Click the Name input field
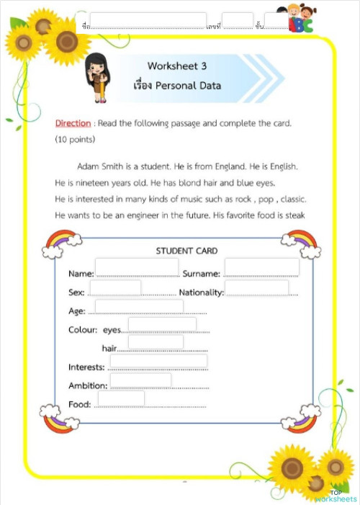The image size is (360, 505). (137, 267)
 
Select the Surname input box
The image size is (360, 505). (261, 267)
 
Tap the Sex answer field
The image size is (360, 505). (115, 288)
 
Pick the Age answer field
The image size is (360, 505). (139, 308)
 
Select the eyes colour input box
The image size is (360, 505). (162, 324)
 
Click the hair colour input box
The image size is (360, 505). (156, 342)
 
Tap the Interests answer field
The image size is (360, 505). (158, 362)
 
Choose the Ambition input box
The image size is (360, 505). (140, 380)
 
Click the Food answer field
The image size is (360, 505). (121, 398)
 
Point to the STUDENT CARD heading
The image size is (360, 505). (186, 251)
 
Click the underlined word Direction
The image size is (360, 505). (73, 123)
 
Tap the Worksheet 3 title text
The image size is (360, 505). (176, 66)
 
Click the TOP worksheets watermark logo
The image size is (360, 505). (336, 496)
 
